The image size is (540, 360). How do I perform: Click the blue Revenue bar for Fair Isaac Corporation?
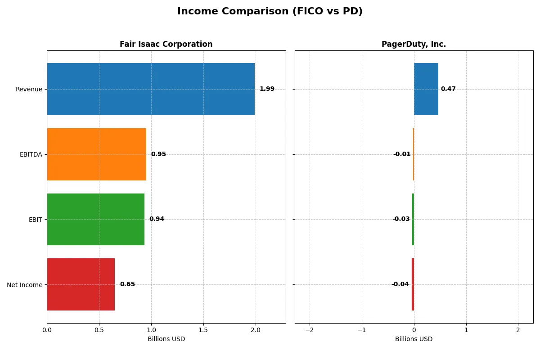(151, 89)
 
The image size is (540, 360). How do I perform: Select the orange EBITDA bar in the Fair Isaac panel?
(96, 154)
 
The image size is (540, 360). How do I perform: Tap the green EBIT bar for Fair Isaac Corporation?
(95, 219)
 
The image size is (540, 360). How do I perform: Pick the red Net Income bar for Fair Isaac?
(81, 284)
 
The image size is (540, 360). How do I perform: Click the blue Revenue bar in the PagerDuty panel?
(426, 89)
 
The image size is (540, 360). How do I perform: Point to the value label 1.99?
(267, 89)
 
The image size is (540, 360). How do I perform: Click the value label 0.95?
(158, 154)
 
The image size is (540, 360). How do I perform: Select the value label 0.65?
(127, 284)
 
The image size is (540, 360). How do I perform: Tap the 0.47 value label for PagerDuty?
(448, 89)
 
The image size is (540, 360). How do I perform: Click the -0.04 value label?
(400, 284)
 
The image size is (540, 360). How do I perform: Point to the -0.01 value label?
(402, 154)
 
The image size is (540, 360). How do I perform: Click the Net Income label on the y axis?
(25, 285)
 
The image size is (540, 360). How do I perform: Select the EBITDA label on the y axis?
(31, 155)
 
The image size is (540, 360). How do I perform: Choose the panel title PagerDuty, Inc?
(414, 45)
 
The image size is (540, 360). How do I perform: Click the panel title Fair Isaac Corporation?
(166, 45)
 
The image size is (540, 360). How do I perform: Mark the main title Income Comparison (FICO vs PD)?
(270, 12)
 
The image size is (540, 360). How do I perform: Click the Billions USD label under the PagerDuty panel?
(414, 339)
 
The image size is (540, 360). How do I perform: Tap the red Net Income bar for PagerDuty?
(413, 284)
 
